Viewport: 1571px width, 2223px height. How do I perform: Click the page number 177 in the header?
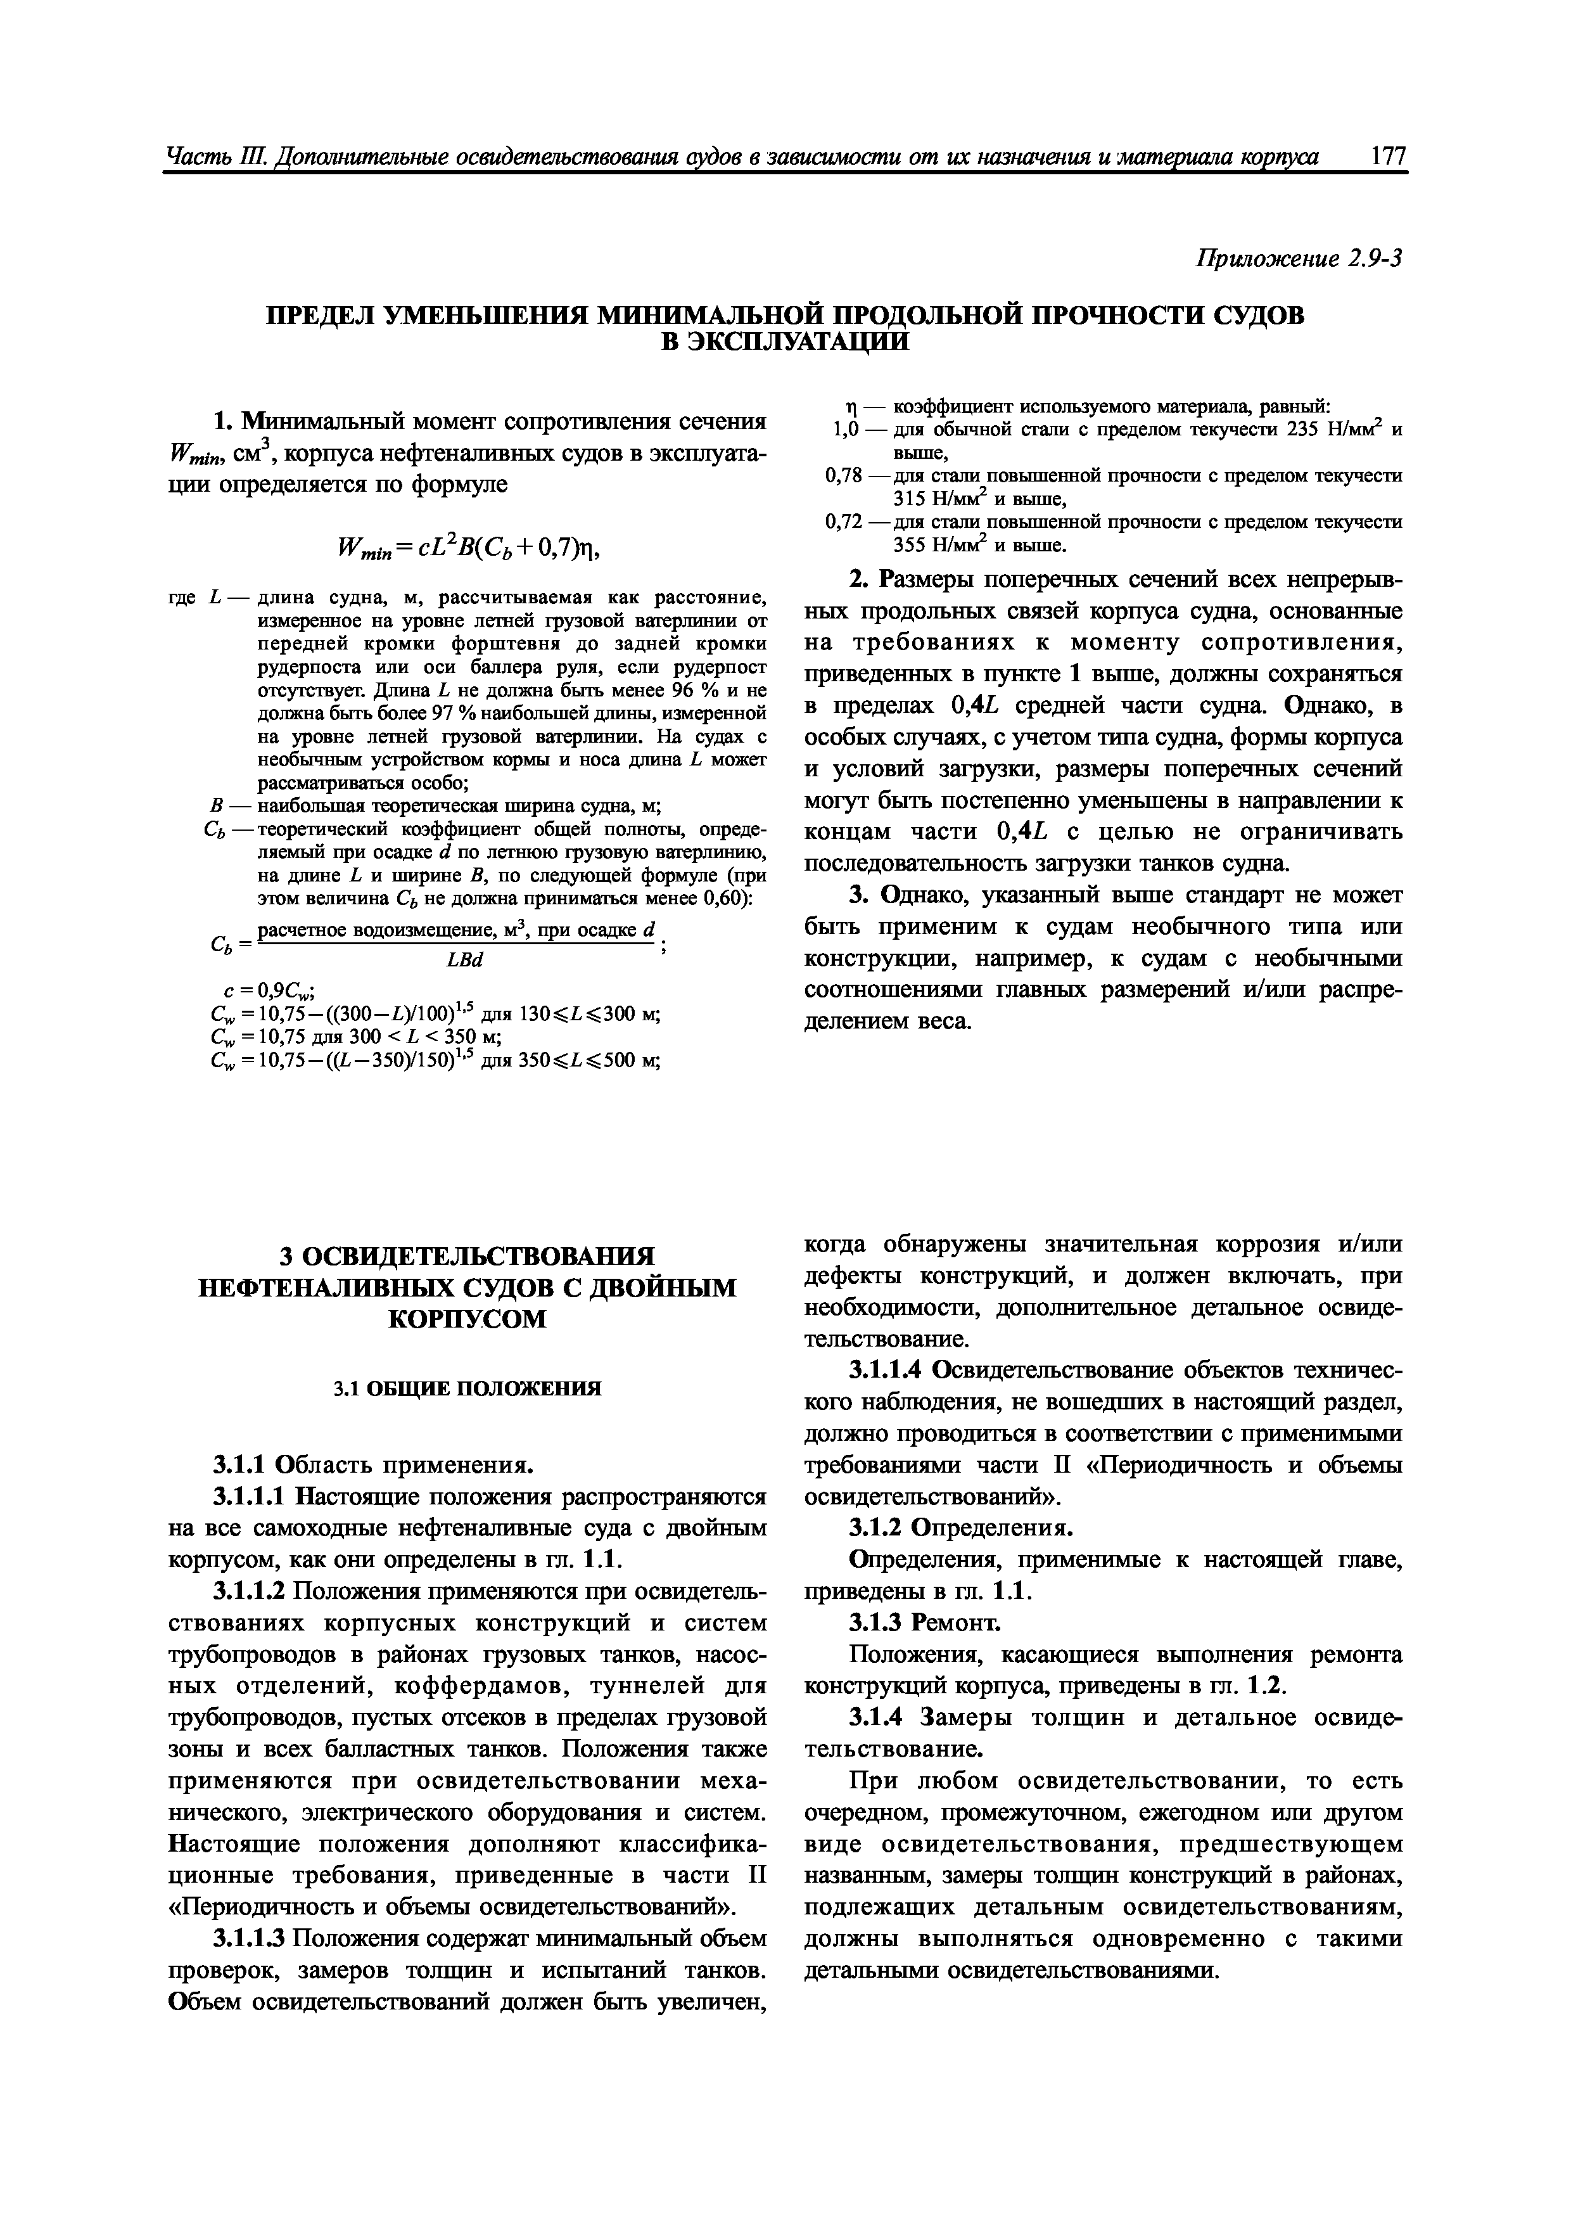[1388, 157]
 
